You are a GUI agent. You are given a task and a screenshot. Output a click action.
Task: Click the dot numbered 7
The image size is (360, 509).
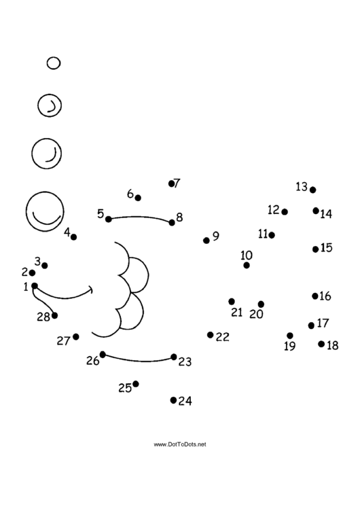coord(171,183)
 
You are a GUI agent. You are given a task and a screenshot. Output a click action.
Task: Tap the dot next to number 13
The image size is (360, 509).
coord(312,190)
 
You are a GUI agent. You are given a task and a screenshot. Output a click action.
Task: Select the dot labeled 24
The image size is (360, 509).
coord(173,400)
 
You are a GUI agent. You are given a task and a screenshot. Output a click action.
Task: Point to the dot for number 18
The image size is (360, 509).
coord(321,344)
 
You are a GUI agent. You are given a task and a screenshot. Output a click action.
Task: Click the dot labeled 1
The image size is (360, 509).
coord(35,286)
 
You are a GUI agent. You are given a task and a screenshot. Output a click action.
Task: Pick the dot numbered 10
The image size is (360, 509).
coord(247,266)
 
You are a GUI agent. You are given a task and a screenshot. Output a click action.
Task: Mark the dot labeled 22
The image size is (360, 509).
coord(210,334)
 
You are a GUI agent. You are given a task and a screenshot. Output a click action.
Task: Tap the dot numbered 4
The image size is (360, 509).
coord(73,237)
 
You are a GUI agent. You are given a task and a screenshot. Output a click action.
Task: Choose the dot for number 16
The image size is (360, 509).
coord(315,296)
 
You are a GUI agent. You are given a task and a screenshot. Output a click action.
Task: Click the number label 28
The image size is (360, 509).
coord(43,317)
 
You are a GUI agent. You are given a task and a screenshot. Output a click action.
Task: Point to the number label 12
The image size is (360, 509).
coord(274,210)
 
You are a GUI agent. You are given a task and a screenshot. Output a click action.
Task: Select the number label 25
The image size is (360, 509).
coord(125,388)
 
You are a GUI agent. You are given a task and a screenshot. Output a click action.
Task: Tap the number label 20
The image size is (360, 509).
coord(256,314)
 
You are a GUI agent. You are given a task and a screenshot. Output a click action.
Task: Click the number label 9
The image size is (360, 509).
coord(216,236)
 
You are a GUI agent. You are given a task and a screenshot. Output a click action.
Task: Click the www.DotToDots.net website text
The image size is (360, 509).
coord(180,444)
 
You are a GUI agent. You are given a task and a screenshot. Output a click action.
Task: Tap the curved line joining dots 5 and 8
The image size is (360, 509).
coord(140,217)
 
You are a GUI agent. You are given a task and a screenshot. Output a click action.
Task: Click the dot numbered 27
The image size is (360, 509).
coord(76,337)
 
